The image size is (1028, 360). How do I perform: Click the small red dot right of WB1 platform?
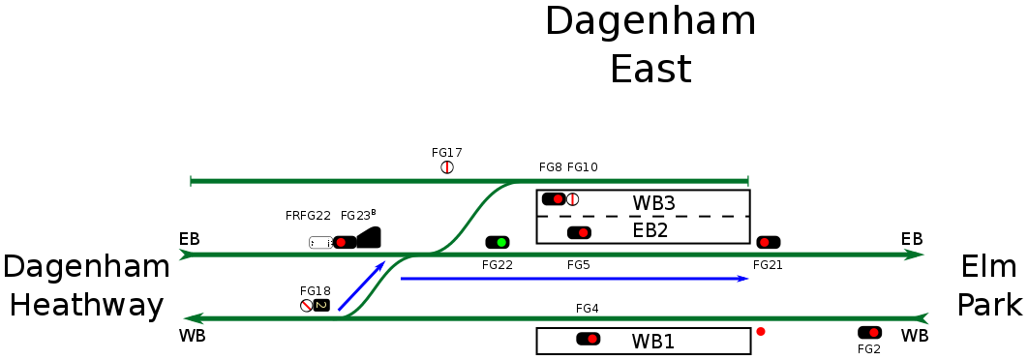pyautogui.click(x=761, y=332)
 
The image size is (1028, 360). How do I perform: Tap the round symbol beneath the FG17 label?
pyautogui.click(x=447, y=167)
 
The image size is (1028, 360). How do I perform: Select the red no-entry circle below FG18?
pyautogui.click(x=306, y=306)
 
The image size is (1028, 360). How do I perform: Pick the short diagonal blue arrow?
pyautogui.click(x=362, y=285)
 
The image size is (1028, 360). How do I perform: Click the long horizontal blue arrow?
pyautogui.click(x=574, y=279)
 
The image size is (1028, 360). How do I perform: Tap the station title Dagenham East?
pyautogui.click(x=650, y=45)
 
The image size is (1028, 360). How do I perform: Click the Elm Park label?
pyautogui.click(x=989, y=285)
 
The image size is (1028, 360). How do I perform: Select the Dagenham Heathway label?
pyautogui.click(x=83, y=285)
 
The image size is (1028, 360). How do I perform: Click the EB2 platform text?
pyautogui.click(x=650, y=230)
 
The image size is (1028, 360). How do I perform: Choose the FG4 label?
pyautogui.click(x=587, y=309)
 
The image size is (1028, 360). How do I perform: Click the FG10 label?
pyautogui.click(x=583, y=167)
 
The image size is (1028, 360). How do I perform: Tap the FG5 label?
pyautogui.click(x=579, y=264)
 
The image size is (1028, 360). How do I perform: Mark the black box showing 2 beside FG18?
pyautogui.click(x=321, y=306)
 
